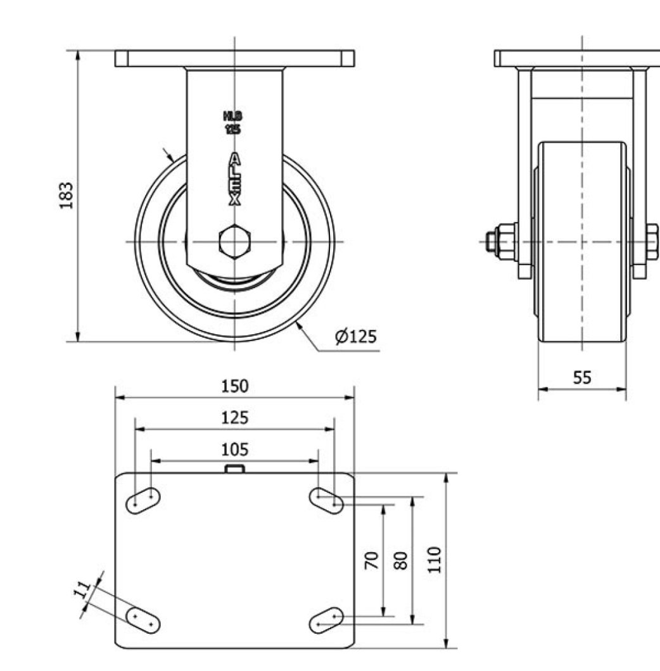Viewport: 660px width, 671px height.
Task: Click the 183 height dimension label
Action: (x=67, y=195)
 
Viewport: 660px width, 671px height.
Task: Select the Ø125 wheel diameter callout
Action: (x=356, y=337)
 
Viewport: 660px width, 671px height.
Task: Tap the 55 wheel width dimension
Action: (x=582, y=378)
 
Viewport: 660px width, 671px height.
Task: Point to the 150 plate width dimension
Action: (x=234, y=386)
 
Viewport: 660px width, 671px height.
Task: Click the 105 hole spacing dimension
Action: (x=234, y=450)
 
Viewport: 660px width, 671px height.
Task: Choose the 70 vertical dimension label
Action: (x=372, y=560)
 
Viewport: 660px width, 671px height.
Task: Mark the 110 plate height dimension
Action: (x=434, y=560)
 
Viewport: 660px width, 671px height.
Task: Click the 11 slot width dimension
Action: (x=81, y=590)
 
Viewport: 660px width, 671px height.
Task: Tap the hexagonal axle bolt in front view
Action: (x=235, y=241)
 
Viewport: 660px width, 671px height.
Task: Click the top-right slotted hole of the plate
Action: (x=326, y=500)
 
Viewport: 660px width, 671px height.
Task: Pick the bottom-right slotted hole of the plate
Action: (x=326, y=620)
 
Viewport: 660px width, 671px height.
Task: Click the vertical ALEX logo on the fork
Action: (x=234, y=179)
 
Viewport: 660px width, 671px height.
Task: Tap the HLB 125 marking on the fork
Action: (x=233, y=122)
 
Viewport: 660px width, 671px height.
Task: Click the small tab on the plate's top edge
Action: (x=235, y=468)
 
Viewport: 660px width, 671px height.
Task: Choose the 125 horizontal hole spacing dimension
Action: (x=234, y=418)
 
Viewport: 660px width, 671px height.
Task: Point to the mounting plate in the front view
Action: (x=234, y=58)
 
